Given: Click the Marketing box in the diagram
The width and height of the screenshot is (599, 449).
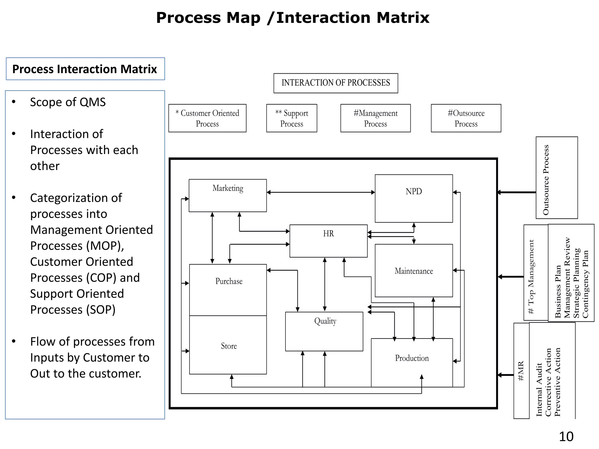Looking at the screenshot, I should (228, 195).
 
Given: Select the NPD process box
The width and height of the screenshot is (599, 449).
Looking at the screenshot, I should (414, 198).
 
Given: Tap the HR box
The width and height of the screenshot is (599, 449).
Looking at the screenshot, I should (328, 241).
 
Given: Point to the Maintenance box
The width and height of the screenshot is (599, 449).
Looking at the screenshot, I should (414, 271).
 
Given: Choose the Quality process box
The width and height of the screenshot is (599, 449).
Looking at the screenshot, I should (324, 331).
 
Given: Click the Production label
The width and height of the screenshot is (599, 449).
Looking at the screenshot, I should (412, 358).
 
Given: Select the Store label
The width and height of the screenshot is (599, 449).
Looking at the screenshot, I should (229, 346).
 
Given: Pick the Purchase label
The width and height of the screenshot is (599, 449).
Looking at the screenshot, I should (229, 281).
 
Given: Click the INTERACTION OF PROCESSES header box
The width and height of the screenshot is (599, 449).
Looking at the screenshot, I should (335, 83).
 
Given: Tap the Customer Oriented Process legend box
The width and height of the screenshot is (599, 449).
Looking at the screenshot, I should (207, 118).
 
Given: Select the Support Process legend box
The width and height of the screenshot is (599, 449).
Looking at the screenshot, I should (291, 118).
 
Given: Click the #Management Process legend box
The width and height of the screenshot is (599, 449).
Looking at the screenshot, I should (375, 118).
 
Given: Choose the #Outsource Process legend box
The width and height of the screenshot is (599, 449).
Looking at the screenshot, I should (466, 118).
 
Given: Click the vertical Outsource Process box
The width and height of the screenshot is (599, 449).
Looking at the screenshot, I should (556, 178).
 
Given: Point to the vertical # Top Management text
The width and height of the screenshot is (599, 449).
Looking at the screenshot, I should (531, 276).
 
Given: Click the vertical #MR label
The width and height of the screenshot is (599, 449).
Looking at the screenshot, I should (521, 371).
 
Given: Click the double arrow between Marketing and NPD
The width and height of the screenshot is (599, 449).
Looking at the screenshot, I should (321, 192).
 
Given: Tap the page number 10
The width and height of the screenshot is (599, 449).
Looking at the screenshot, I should (566, 437).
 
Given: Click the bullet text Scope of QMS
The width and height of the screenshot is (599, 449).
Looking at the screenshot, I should (68, 102).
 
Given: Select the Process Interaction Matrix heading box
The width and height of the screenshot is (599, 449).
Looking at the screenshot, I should (85, 69).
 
